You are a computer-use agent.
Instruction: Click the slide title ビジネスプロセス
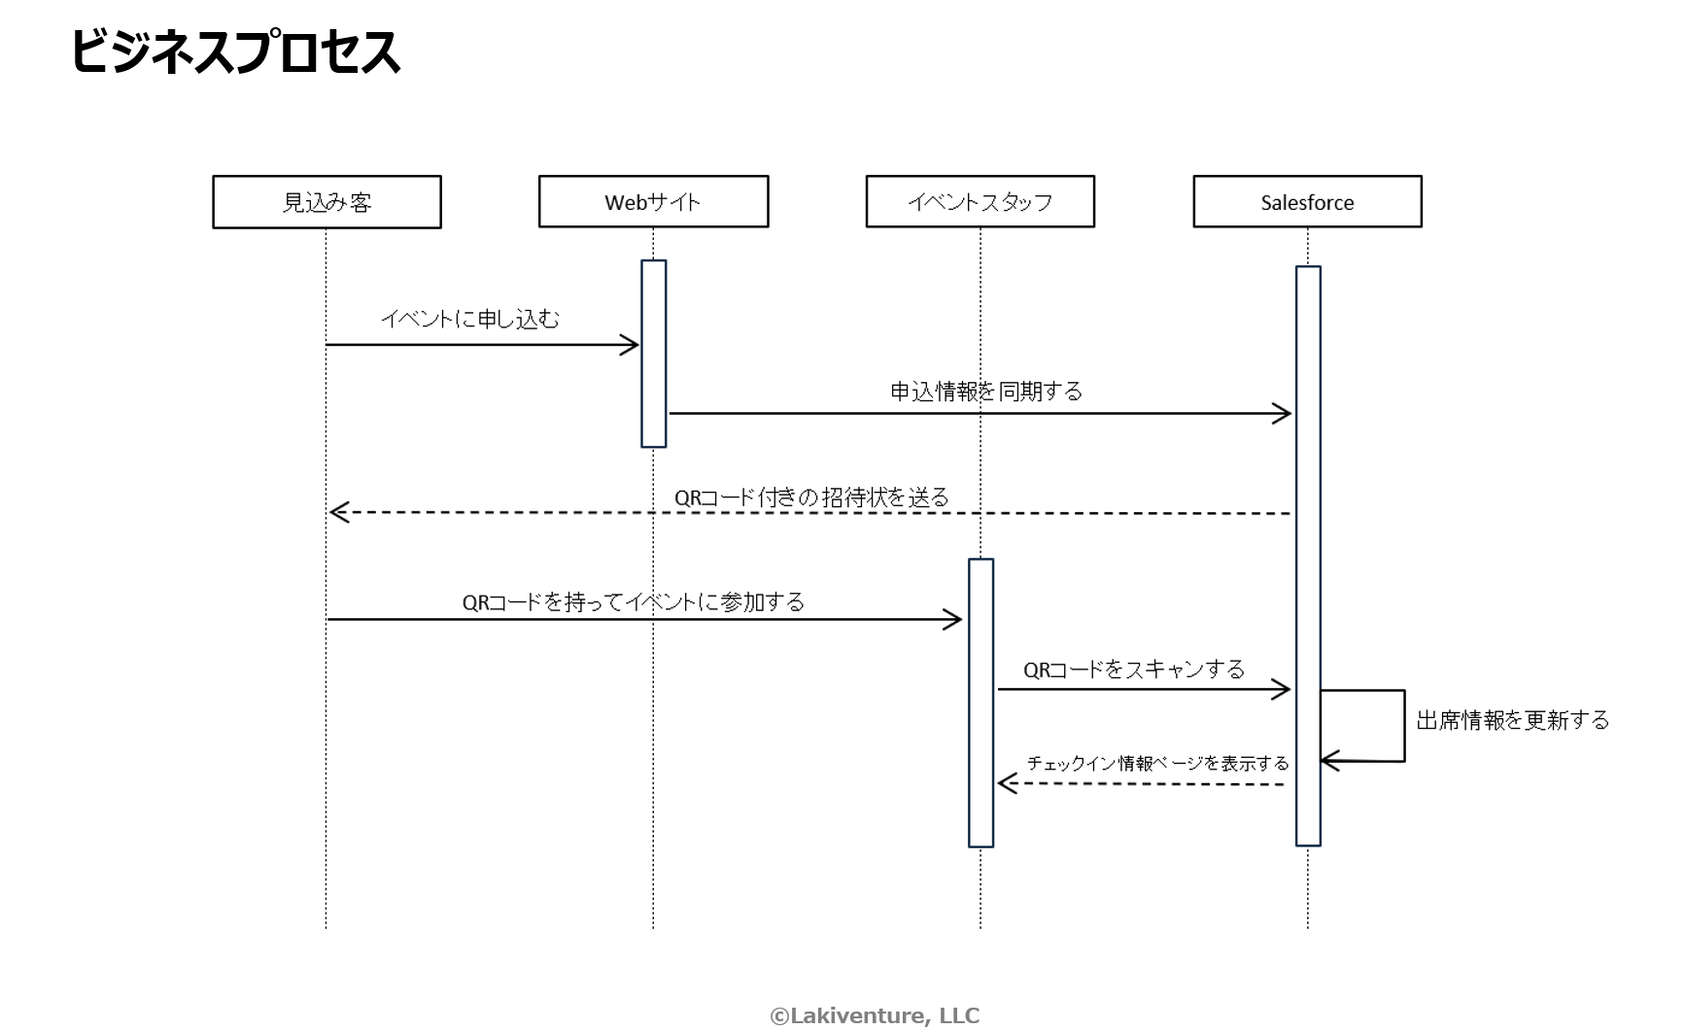pyautogui.click(x=235, y=52)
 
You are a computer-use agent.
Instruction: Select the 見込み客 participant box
pyautogui.click(x=327, y=202)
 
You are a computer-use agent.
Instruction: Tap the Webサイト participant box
pyautogui.click(x=653, y=202)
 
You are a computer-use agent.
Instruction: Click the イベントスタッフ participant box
pyautogui.click(x=980, y=202)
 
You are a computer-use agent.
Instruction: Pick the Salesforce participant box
pyautogui.click(x=1307, y=202)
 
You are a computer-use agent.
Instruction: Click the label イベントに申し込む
pyautogui.click(x=470, y=319)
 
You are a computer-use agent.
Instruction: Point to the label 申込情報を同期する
pyautogui.click(x=986, y=391)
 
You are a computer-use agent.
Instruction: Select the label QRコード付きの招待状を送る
pyautogui.click(x=811, y=498)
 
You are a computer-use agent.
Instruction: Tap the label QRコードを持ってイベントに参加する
pyautogui.click(x=634, y=602)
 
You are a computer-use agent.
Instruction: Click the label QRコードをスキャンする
pyautogui.click(x=1134, y=669)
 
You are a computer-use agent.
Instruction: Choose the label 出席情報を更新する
pyautogui.click(x=1513, y=720)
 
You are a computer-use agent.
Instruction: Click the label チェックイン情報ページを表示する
pyautogui.click(x=1157, y=764)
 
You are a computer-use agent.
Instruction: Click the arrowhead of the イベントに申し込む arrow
pyautogui.click(x=632, y=345)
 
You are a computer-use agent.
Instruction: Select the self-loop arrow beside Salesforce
pyautogui.click(x=1403, y=726)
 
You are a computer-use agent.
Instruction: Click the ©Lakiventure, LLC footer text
pyautogui.click(x=875, y=1015)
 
